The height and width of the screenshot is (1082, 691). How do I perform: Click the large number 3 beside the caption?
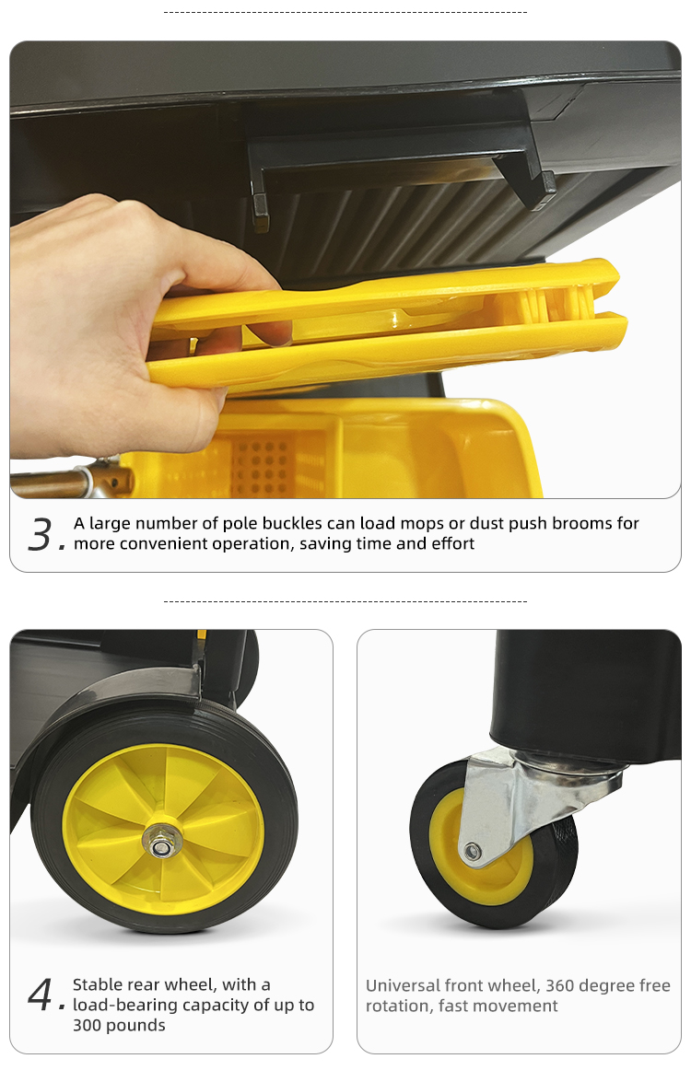[42, 534]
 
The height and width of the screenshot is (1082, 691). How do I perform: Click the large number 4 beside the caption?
[42, 995]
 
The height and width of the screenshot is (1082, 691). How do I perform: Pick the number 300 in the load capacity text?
[89, 1026]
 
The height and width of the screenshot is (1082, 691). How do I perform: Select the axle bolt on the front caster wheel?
[473, 852]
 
